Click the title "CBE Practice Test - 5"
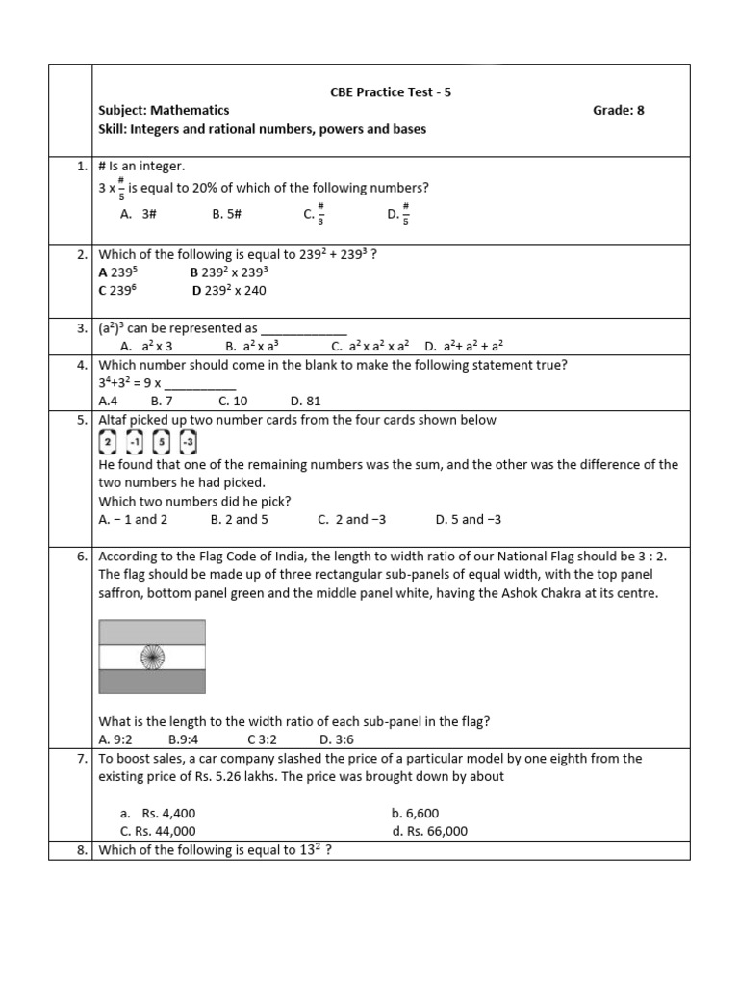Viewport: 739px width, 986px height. (390, 92)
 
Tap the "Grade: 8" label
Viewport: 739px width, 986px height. (618, 111)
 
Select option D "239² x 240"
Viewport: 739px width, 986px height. (229, 290)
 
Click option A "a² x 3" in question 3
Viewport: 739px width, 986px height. (145, 345)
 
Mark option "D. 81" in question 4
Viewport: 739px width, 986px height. (305, 401)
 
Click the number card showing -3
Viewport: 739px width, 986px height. (189, 443)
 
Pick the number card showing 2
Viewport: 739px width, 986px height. (108, 443)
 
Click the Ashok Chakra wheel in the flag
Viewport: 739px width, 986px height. (152, 657)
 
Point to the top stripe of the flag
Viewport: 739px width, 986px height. (152, 633)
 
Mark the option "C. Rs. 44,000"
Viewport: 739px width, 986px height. (158, 831)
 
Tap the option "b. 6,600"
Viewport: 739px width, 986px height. (416, 814)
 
